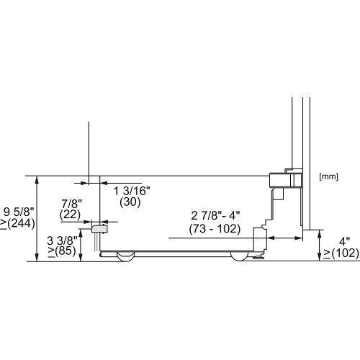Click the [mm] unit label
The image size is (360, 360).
coord(328,177)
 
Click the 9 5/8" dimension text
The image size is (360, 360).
coord(19,212)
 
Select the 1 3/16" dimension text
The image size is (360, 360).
coord(132,191)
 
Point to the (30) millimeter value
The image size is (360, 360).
coord(130,202)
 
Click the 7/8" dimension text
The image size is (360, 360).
coord(72,204)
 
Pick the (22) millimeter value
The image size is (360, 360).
coord(70,215)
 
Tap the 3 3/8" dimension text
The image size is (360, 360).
coord(62,240)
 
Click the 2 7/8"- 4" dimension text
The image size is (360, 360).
coord(215,216)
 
